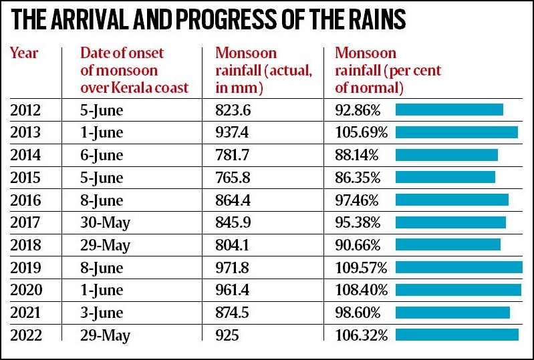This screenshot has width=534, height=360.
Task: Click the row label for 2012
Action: [x=25, y=110]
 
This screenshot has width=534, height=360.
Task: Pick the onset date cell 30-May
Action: [x=105, y=222]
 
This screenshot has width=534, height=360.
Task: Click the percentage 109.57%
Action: [x=362, y=267]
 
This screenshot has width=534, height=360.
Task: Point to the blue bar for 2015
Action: [x=445, y=177]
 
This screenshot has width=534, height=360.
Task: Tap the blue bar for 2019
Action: [x=459, y=267]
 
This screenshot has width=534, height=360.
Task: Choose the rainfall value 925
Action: [x=228, y=335]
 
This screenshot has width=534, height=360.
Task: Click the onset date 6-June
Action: [x=102, y=155]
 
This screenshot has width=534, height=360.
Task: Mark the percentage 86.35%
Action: [x=358, y=178]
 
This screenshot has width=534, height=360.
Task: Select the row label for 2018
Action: [x=25, y=245]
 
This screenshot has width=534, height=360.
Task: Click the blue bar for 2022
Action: [x=457, y=335]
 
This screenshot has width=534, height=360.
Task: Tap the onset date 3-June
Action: [x=102, y=313]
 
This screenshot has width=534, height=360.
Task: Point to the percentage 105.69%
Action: [x=362, y=132]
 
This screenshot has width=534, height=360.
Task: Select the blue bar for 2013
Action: [x=456, y=132]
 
